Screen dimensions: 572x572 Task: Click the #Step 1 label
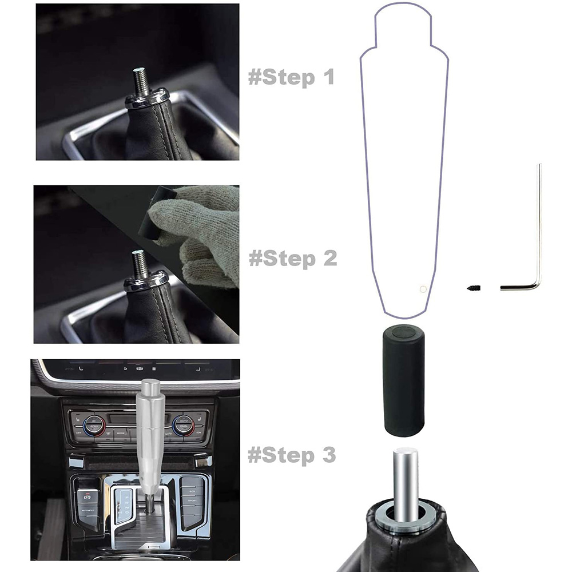point(291,77)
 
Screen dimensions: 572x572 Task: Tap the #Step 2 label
point(292,259)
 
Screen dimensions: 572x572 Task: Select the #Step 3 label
point(292,455)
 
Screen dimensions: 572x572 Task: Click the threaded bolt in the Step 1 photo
point(141,81)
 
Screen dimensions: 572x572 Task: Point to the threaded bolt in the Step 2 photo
point(140,263)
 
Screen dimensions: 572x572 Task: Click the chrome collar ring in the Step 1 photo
point(148,98)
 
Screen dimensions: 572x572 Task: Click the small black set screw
point(474,288)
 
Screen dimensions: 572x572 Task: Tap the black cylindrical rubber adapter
point(403,380)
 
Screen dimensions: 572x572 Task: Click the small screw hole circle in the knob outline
point(423,289)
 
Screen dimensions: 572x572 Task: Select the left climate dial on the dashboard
point(94,426)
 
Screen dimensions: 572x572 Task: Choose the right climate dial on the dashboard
point(184,425)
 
